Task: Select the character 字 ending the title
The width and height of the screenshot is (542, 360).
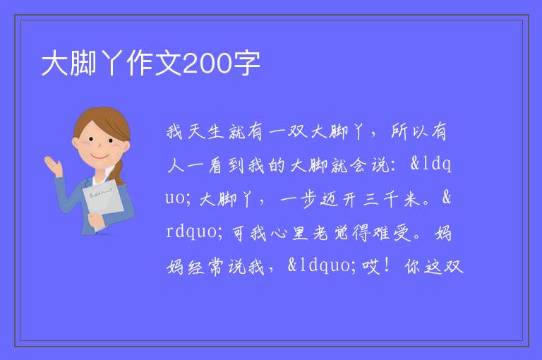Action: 246,64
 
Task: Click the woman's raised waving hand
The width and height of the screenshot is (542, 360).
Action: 54,166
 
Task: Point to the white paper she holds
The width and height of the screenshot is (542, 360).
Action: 103,203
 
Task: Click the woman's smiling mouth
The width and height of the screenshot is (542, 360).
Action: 100,157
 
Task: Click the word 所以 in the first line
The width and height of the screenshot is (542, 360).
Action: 409,132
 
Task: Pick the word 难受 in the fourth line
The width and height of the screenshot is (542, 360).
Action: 391,233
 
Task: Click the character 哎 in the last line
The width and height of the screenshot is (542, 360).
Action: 371,267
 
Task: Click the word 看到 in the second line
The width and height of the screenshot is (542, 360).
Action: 227,166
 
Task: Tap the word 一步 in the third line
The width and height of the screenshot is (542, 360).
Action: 299,200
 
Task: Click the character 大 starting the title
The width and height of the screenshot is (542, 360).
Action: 54,64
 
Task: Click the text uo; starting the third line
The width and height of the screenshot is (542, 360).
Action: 178,199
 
